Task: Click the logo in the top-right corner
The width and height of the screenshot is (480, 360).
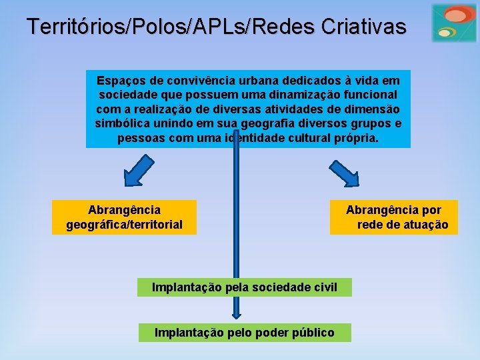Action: click(453, 23)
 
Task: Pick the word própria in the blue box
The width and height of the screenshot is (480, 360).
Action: click(355, 139)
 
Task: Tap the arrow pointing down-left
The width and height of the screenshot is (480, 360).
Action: click(138, 170)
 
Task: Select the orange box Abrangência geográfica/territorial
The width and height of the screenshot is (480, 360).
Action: click(125, 217)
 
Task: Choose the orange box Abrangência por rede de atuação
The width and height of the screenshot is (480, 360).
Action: click(394, 217)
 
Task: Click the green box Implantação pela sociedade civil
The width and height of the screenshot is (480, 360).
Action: click(244, 287)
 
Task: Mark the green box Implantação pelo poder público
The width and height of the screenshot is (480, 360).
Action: click(244, 332)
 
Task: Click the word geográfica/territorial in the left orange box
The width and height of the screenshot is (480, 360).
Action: click(125, 225)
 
